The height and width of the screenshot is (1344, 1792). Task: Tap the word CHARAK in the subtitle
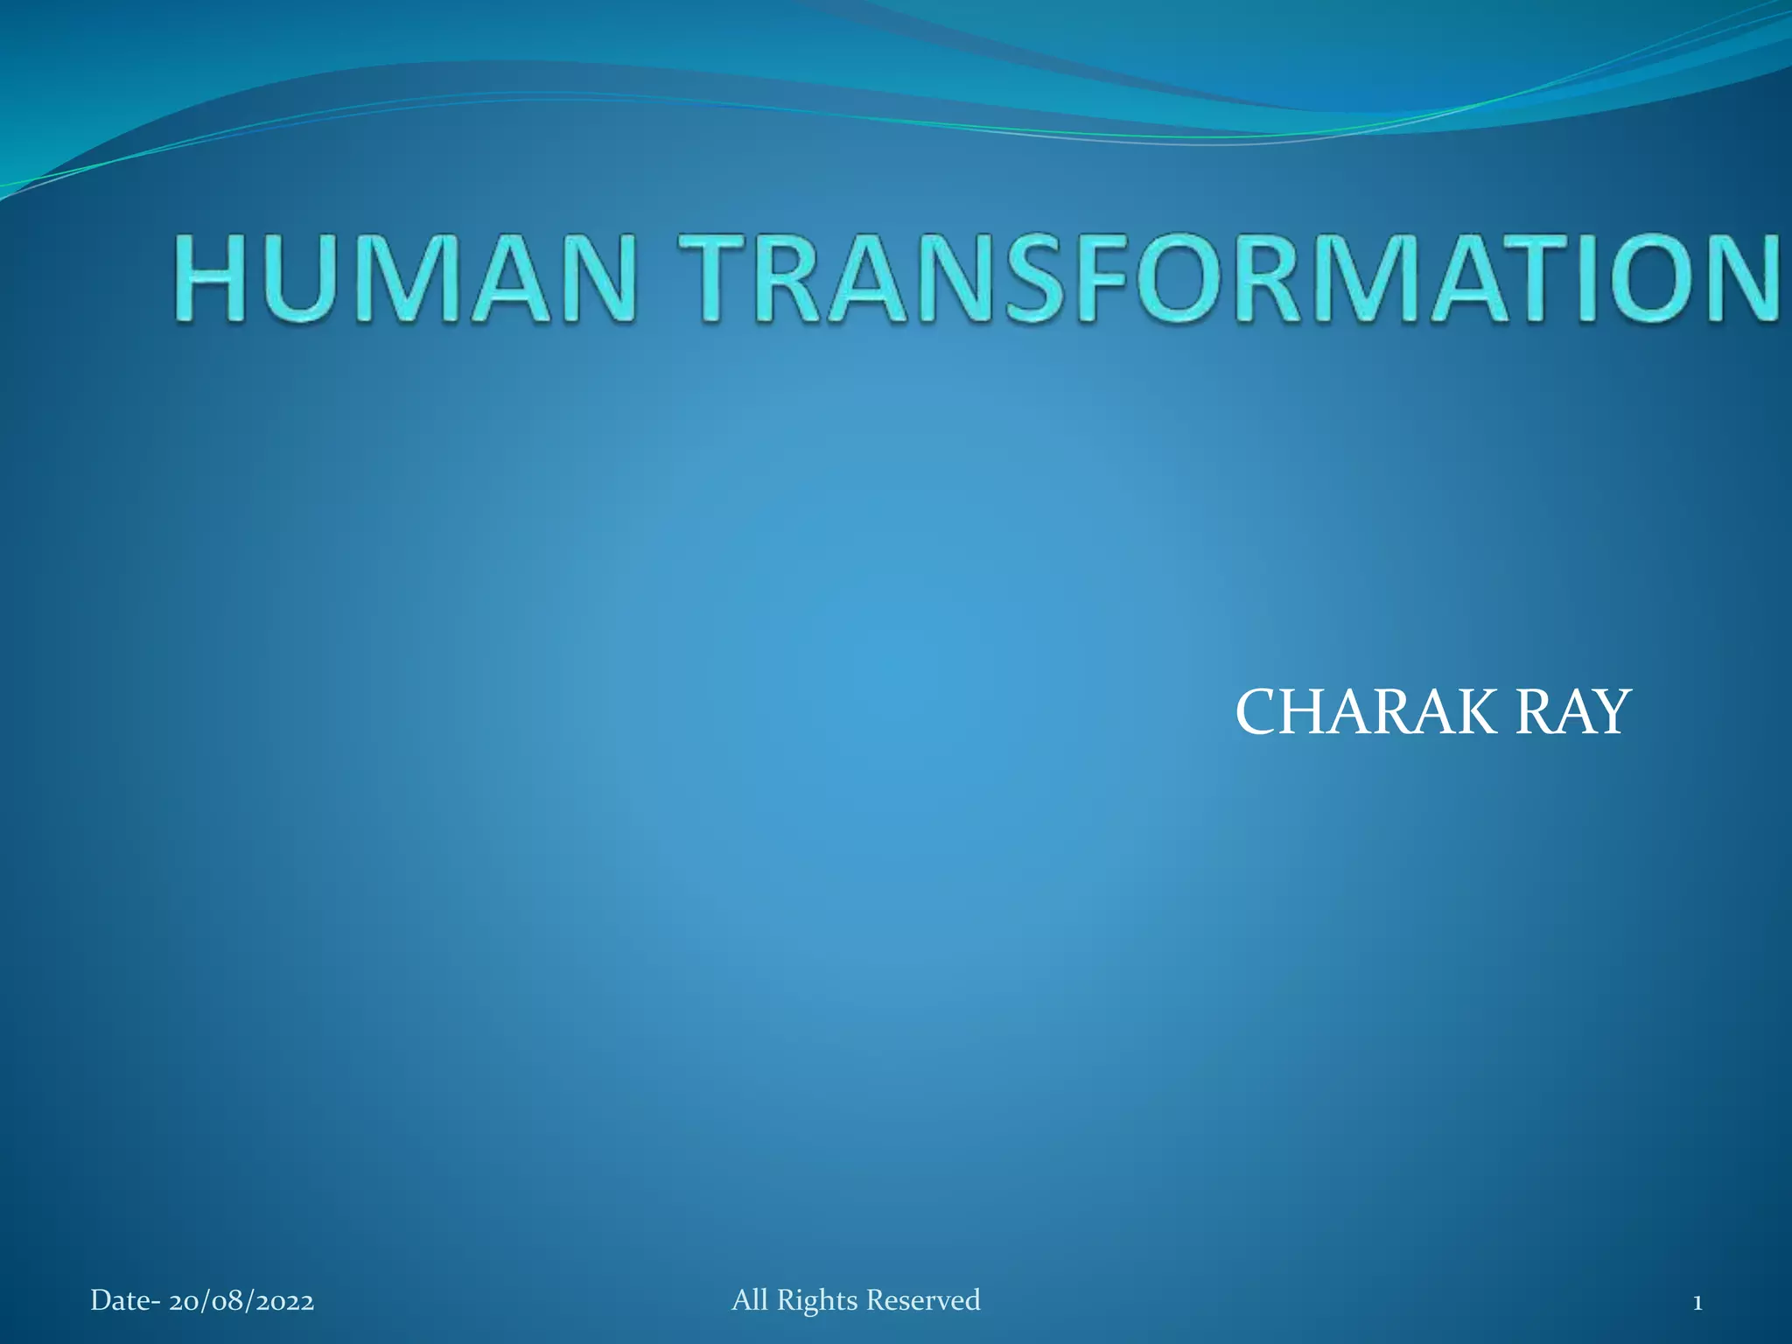tap(1366, 712)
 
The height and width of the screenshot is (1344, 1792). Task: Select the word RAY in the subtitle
tap(1572, 712)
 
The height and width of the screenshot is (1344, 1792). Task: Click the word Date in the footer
tap(120, 1301)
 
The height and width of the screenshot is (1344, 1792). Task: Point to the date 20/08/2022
tap(241, 1301)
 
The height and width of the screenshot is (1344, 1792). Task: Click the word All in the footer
tap(750, 1300)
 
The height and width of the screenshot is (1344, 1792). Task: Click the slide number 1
tap(1697, 1303)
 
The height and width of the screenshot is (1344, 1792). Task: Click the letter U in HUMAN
tap(299, 278)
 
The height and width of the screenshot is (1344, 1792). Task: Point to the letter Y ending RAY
tap(1610, 712)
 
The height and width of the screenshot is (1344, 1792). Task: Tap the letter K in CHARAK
tap(1474, 712)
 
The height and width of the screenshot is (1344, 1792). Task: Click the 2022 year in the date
tap(284, 1301)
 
